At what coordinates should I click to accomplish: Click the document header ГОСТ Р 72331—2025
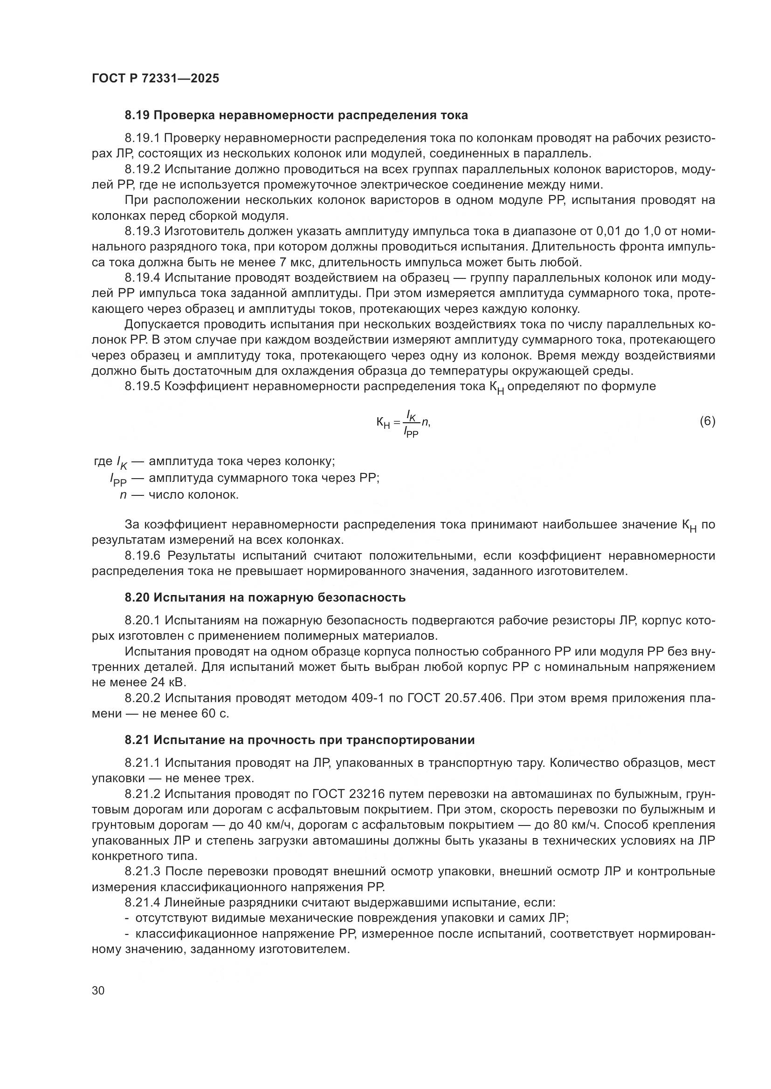[155, 79]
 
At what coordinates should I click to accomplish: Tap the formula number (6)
[708, 421]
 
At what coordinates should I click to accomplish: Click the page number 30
[98, 990]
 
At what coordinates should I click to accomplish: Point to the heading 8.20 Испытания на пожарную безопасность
[265, 598]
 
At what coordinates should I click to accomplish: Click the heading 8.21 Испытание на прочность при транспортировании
[300, 740]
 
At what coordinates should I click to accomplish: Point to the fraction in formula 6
[411, 423]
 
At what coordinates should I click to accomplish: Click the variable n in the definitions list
[123, 495]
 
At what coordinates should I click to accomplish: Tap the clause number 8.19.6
[143, 555]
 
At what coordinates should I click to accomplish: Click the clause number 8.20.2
[143, 698]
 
